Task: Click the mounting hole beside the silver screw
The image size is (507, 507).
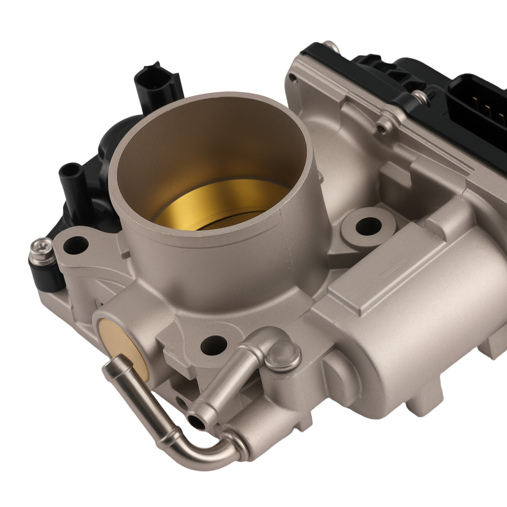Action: (75, 245)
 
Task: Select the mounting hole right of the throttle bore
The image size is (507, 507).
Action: (368, 226)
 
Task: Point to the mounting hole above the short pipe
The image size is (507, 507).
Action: (213, 345)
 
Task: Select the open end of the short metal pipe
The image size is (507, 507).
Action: (195, 420)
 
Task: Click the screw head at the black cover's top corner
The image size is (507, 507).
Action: (330, 47)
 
